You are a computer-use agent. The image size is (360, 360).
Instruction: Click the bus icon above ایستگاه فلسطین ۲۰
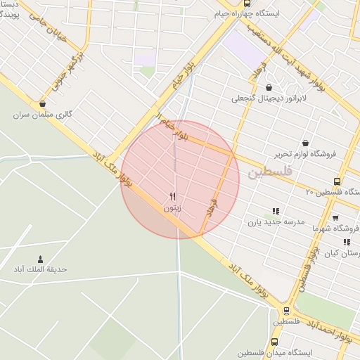[x=337, y=181]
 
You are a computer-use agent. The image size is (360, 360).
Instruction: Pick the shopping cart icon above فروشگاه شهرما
[x=335, y=217]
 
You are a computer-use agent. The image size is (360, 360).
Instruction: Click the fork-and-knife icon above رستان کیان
[x=347, y=241]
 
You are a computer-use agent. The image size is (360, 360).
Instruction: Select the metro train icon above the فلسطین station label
[x=286, y=310]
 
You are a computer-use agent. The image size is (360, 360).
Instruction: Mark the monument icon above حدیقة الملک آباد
[x=39, y=259]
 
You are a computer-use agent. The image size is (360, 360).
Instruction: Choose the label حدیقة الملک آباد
[x=39, y=269]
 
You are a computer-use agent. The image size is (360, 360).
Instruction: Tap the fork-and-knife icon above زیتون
[x=173, y=196]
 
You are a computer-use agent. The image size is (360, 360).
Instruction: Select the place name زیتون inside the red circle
[x=173, y=207]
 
